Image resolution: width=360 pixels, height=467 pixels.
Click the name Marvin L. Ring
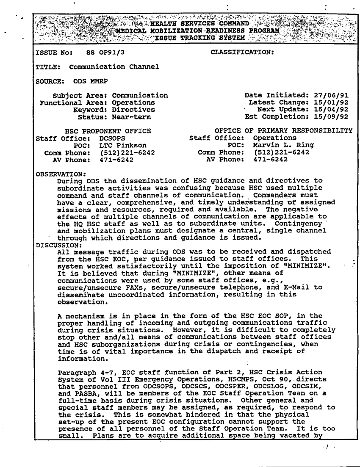[x=283, y=145]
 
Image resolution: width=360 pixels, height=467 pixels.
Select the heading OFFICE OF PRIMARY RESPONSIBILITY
[x=284, y=131]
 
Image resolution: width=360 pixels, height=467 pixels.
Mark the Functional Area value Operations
[x=133, y=102]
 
